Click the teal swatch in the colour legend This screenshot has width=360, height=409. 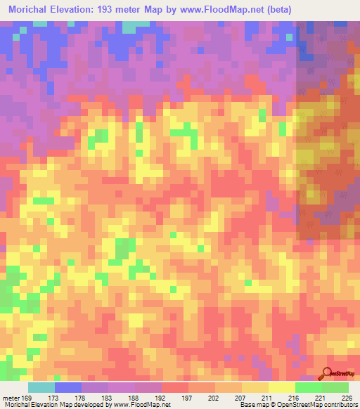(x=41, y=387)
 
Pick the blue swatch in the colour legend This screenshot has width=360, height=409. (x=68, y=387)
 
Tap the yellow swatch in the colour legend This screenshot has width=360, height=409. (x=282, y=387)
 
